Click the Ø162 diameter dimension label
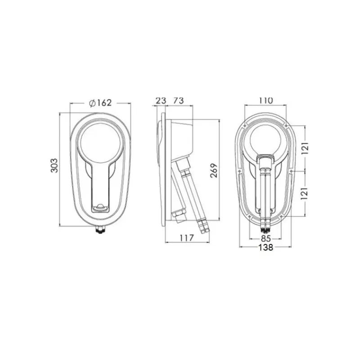pos(100,103)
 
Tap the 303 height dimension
pos(54,165)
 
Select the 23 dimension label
pos(161,100)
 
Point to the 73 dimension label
pos(179,100)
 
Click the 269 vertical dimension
pos(214,171)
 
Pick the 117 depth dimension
pos(187,238)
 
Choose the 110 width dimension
pos(266,100)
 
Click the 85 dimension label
pos(265,238)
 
